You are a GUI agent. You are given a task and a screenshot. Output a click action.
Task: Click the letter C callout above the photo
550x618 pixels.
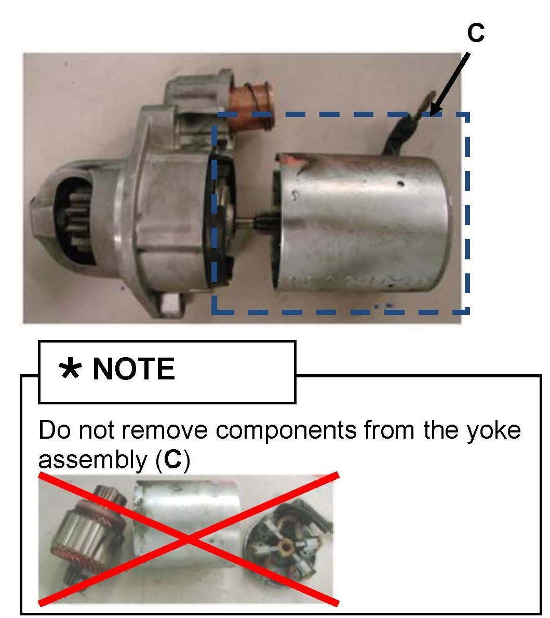point(475,32)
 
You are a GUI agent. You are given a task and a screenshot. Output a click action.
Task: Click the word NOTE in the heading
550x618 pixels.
point(133,369)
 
